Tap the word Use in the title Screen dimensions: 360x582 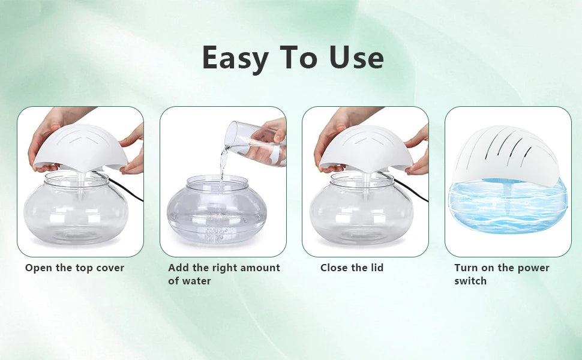pos(356,58)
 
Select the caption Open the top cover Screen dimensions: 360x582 pos(74,268)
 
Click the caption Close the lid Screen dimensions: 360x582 pos(352,268)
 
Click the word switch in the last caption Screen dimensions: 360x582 pos(470,281)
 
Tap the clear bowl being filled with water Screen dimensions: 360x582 pos(216,210)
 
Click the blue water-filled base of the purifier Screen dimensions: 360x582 pos(508,213)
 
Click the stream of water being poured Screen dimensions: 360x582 pos(223,162)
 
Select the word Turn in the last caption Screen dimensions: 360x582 pos(466,268)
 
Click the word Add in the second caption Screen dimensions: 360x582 pos(178,268)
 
